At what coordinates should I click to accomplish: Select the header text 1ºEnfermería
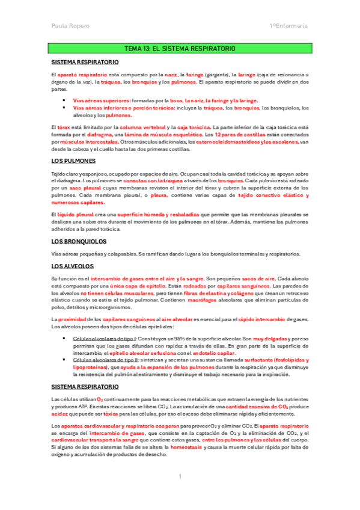click(288, 26)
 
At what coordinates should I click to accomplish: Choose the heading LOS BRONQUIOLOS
click(79, 241)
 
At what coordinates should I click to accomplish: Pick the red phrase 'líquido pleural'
click(74, 215)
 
